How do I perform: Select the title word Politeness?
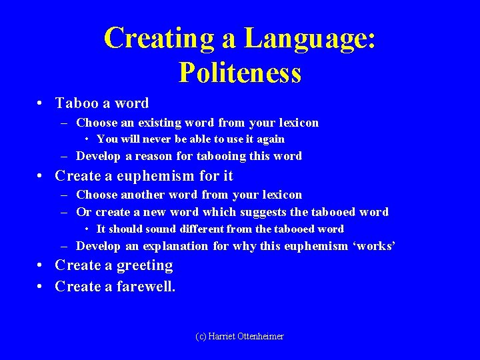tap(240, 72)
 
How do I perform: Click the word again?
tap(269, 139)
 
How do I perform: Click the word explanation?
tap(175, 246)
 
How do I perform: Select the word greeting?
tap(145, 265)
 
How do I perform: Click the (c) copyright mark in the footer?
tap(201, 337)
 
